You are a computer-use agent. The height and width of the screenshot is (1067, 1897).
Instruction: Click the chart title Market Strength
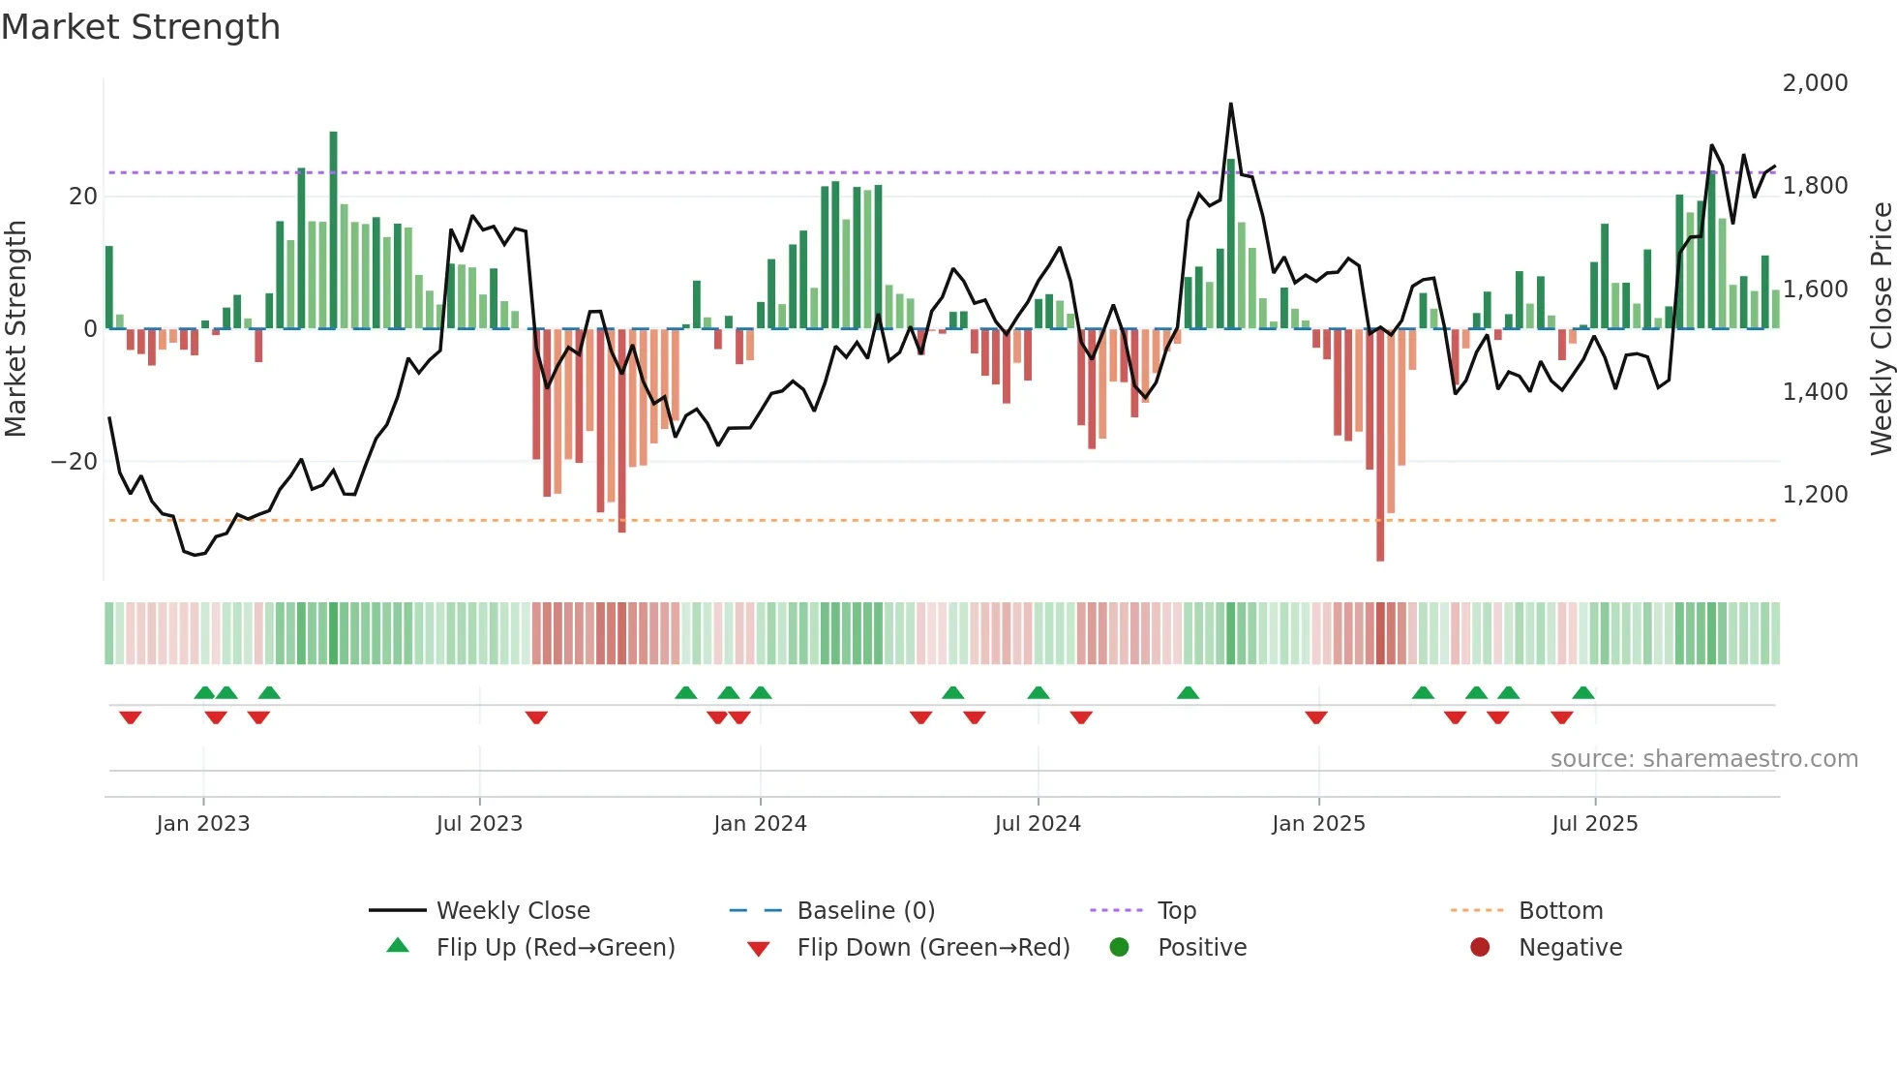[140, 27]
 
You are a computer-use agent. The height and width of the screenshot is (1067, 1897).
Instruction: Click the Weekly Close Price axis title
[1881, 328]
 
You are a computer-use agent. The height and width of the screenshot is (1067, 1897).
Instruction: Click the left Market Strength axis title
[16, 328]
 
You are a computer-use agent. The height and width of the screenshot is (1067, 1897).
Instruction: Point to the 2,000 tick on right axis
[1815, 83]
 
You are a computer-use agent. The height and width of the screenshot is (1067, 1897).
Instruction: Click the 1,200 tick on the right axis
[1815, 495]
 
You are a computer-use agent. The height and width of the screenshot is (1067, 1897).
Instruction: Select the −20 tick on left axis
[75, 462]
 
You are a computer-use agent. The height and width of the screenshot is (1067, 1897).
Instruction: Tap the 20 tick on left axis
[83, 197]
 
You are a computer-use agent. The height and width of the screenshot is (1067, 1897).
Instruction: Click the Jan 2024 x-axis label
[760, 824]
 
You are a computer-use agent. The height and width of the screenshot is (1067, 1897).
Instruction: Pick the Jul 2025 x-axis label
[1594, 824]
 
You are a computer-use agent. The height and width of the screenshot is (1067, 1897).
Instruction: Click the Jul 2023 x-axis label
[479, 824]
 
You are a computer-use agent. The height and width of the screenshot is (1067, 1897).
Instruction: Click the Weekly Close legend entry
[512, 911]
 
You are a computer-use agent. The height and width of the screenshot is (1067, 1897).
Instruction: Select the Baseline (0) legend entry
[865, 911]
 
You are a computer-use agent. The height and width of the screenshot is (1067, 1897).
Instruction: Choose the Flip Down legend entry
[932, 948]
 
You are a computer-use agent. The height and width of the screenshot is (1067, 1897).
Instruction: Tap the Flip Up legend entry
[555, 948]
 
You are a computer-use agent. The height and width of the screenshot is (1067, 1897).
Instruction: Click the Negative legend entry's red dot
[1480, 948]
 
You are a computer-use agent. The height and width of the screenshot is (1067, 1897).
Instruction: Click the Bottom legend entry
[1560, 911]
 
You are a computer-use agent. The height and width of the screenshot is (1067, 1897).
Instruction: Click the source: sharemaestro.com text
[1703, 759]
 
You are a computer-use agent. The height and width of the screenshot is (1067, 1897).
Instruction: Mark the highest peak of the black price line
[1231, 105]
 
